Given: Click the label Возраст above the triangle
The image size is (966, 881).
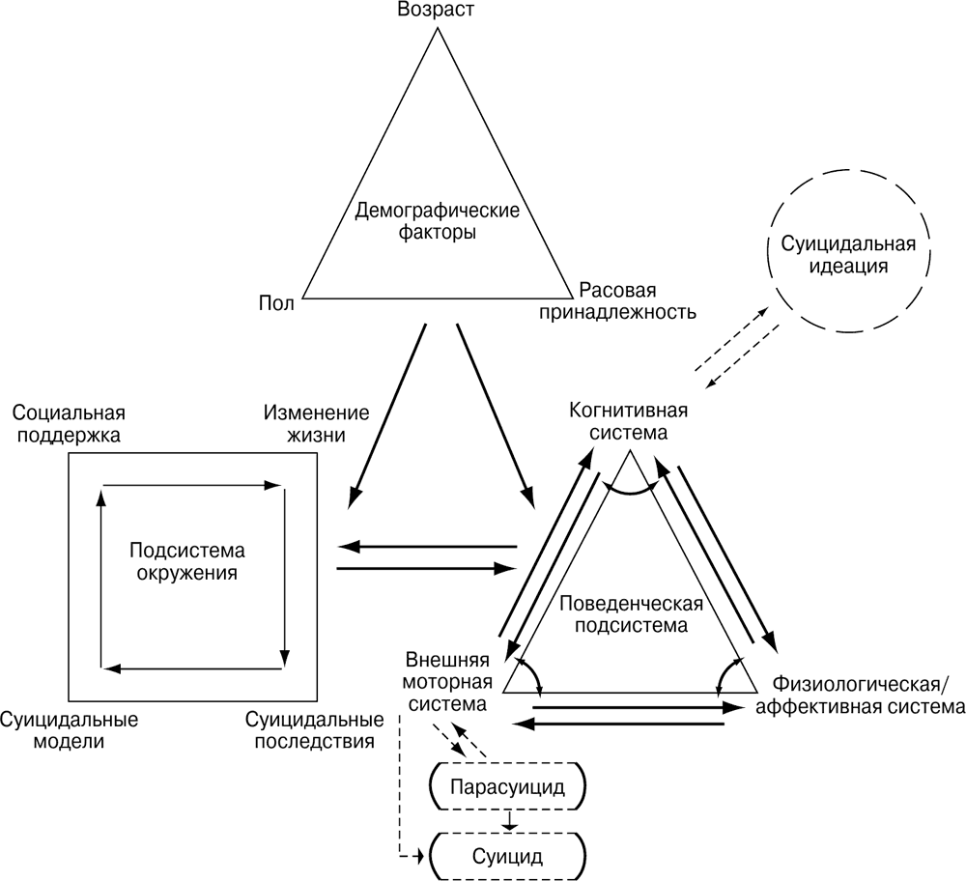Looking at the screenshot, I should tap(438, 12).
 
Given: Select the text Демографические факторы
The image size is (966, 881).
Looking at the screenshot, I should tap(438, 221).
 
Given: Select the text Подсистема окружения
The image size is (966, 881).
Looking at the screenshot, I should tap(186, 561).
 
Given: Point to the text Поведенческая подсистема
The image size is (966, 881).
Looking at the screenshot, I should tap(631, 614).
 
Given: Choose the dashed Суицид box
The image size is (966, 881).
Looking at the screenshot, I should tap(508, 855).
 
